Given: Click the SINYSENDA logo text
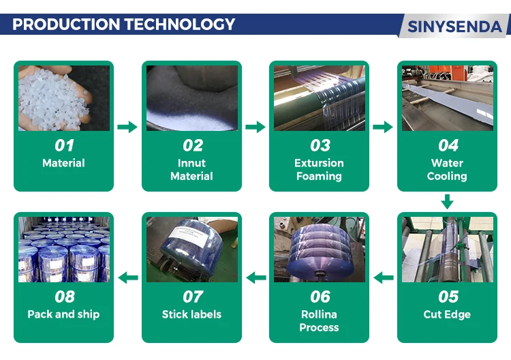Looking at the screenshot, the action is (454, 27).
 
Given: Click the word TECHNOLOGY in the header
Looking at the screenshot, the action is (180, 24).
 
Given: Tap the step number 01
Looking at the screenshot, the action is (64, 145).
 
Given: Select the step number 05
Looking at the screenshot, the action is (448, 297).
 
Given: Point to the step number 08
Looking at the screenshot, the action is (65, 297).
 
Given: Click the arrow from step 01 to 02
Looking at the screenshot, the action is (127, 127).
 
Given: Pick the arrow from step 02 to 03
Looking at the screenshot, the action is (255, 127).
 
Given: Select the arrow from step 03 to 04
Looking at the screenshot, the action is (383, 127).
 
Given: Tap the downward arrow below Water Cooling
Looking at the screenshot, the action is (447, 202).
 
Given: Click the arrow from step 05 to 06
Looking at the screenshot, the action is (384, 277).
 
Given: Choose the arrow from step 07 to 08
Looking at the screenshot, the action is (128, 277).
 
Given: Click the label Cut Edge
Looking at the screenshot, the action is (447, 314).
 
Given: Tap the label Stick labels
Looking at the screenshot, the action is (191, 314).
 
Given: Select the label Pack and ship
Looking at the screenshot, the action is (63, 314).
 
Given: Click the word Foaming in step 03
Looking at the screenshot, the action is (319, 177).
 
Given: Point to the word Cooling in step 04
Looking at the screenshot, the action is (447, 177).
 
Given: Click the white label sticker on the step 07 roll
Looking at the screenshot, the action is (189, 234).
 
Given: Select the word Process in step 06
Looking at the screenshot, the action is (319, 327).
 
